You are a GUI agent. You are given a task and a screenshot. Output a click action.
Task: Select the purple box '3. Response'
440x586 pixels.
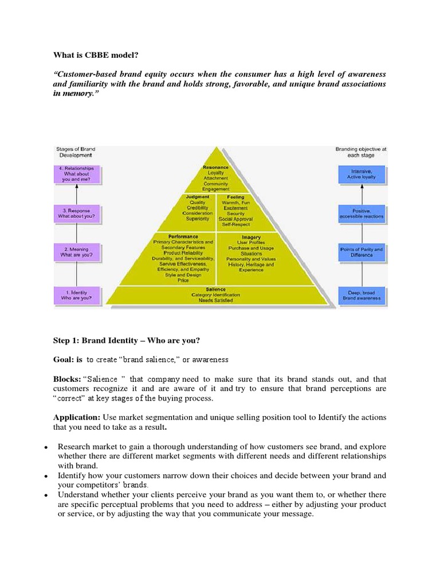click(77, 214)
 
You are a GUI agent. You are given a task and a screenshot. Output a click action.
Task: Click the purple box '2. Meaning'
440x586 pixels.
click(77, 252)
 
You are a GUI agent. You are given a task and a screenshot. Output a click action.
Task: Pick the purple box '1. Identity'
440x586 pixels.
click(77, 295)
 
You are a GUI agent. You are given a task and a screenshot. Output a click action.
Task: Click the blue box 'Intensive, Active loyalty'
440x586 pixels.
click(362, 174)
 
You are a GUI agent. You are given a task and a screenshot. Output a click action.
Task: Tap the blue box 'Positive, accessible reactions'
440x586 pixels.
click(362, 214)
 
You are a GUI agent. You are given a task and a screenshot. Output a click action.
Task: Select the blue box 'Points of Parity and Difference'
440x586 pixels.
click(362, 252)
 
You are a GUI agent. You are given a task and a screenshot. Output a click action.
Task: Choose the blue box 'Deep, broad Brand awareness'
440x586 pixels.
click(362, 295)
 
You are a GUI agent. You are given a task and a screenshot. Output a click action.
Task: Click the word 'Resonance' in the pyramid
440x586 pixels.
click(215, 167)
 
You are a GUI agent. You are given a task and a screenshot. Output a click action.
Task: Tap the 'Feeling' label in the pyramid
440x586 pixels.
click(235, 197)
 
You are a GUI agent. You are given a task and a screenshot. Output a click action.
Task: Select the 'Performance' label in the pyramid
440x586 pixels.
click(183, 236)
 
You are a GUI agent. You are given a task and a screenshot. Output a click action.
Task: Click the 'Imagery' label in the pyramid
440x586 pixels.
click(252, 237)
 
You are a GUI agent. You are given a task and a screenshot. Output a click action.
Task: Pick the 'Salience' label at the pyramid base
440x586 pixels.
click(215, 289)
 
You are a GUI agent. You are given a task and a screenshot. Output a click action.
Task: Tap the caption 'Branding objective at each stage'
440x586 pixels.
click(361, 152)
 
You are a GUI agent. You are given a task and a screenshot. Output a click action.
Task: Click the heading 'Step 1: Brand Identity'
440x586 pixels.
click(127, 340)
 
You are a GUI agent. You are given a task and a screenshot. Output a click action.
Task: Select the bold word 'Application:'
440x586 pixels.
click(77, 417)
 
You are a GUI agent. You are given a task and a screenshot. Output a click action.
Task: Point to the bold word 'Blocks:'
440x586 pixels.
click(67, 379)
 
